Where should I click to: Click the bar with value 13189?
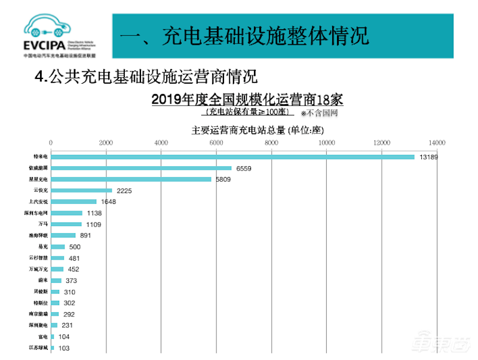point(233,157)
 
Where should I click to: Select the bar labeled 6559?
point(141,168)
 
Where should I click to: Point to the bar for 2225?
point(82,191)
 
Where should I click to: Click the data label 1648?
point(108,202)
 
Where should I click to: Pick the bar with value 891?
point(63,236)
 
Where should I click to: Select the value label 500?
point(74,247)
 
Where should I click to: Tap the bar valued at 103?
point(53,348)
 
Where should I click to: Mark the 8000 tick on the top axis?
point(271,142)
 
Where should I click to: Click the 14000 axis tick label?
point(437,142)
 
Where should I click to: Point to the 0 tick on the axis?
point(51,142)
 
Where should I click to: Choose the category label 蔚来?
point(41,280)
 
